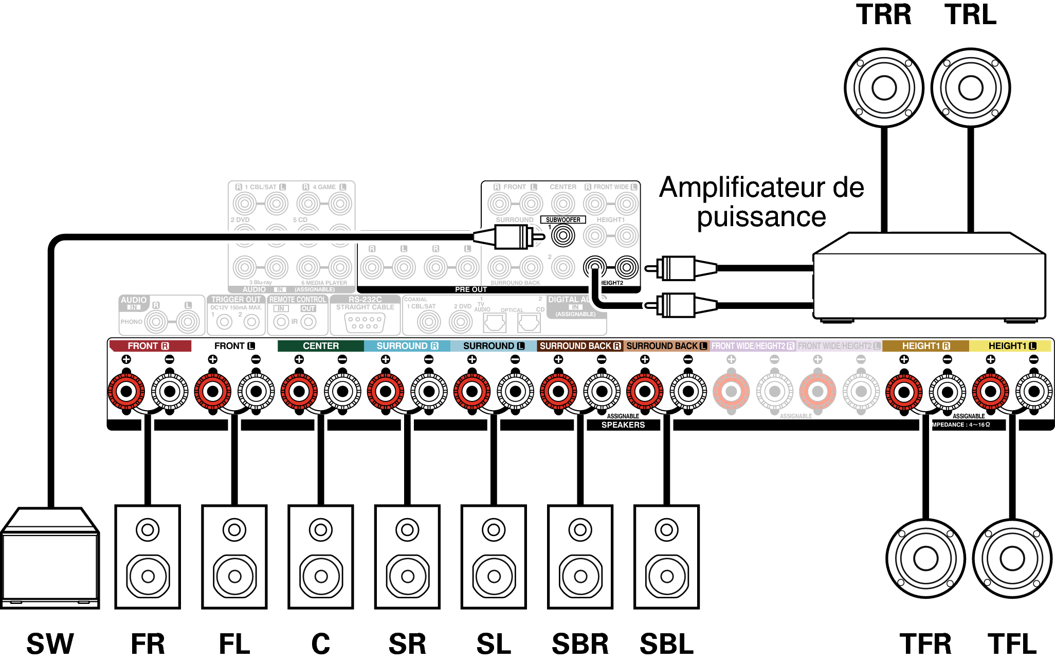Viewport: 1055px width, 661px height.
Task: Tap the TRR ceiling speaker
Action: coord(884,88)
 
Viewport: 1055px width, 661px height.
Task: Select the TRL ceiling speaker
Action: coord(970,88)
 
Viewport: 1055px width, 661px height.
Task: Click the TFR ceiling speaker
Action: coord(925,559)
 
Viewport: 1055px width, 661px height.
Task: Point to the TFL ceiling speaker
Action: coord(1012,559)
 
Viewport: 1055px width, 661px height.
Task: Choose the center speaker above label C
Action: coord(321,557)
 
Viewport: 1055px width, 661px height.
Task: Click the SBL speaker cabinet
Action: coord(666,557)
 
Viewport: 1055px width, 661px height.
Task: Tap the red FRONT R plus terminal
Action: coord(126,392)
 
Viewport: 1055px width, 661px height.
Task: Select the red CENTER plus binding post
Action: coord(299,392)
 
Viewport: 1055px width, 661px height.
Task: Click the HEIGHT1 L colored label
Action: coord(1011,346)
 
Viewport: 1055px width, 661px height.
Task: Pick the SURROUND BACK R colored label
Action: coord(580,346)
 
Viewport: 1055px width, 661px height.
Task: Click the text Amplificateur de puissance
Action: coord(761,201)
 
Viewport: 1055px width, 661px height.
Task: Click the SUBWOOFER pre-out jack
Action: coord(563,236)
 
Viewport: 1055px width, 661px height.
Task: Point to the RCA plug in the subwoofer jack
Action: coord(509,237)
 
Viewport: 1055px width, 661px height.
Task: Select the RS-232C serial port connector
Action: coord(365,323)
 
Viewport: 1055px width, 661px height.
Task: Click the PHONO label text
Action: coord(131,322)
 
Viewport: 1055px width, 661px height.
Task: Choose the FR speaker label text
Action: coord(148,644)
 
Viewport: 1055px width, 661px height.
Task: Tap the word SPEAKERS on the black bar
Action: coord(623,425)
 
